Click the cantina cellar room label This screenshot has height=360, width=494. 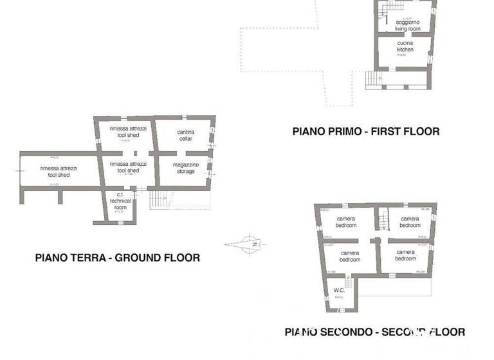[185, 135]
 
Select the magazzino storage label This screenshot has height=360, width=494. [185, 168]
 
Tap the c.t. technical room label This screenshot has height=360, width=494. [120, 201]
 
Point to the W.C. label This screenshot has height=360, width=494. [339, 291]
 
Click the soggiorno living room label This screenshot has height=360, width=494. [407, 26]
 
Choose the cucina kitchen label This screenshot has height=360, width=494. [405, 46]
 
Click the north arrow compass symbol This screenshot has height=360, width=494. [250, 244]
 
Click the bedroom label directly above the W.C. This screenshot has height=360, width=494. [350, 256]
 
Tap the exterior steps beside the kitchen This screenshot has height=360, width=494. [374, 79]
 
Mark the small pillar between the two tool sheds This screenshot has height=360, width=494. [135, 154]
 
